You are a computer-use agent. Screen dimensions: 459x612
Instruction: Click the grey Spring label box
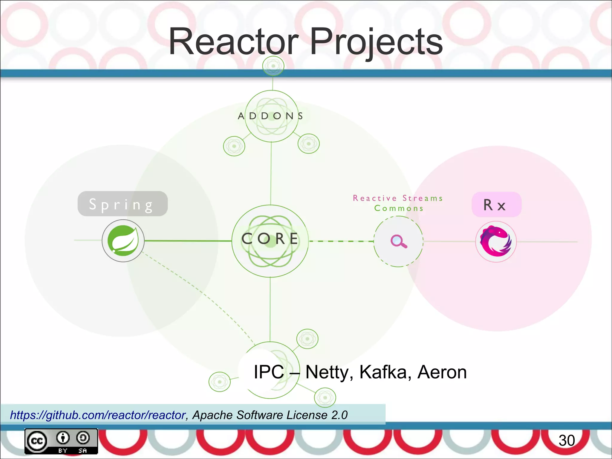pyautogui.click(x=123, y=204)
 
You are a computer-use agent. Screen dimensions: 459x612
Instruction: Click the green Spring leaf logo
pyautogui.click(x=123, y=241)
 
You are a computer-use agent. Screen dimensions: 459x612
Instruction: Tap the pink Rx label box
pyautogui.click(x=496, y=205)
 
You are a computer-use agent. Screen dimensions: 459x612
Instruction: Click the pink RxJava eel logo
pyautogui.click(x=496, y=241)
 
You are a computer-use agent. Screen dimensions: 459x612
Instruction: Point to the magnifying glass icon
pyautogui.click(x=399, y=241)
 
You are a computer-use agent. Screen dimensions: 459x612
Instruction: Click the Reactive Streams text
pyautogui.click(x=398, y=198)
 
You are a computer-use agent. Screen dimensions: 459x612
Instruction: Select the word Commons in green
pyautogui.click(x=399, y=208)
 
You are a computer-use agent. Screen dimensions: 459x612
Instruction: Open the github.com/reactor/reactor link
pyautogui.click(x=98, y=415)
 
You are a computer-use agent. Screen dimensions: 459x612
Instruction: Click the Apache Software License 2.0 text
pyautogui.click(x=270, y=415)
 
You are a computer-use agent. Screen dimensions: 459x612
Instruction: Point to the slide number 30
pyautogui.click(x=567, y=440)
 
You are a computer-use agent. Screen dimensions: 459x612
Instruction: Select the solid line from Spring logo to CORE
pyautogui.click(x=188, y=241)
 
